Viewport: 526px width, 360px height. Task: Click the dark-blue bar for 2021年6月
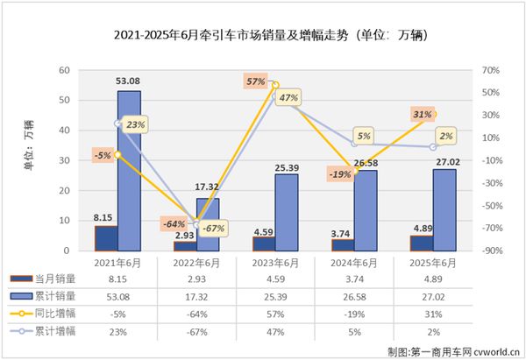click(x=105, y=238)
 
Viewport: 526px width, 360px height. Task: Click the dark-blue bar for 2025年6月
click(x=422, y=243)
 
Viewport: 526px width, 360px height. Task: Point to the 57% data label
click(x=255, y=81)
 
